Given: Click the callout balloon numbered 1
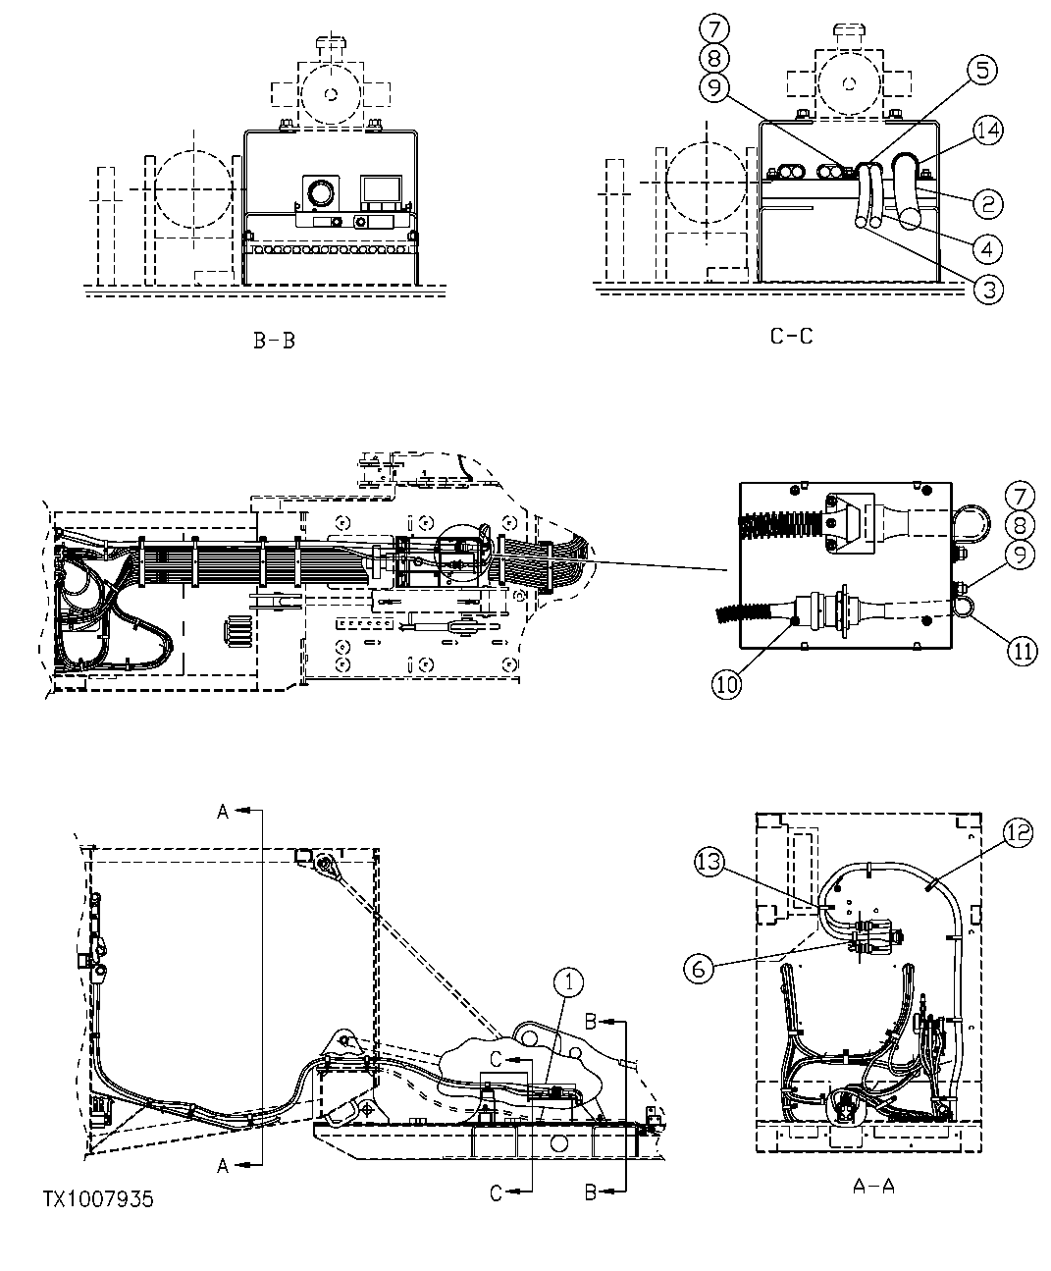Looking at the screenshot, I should point(568,980).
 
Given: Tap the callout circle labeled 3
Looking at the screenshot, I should point(989,288).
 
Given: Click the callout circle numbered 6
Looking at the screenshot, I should point(696,967).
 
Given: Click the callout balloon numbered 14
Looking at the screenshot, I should point(989,130).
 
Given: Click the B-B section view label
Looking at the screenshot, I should point(274,342).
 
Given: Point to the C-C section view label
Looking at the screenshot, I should point(791,336).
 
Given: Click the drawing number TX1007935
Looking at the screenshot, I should point(98,1199).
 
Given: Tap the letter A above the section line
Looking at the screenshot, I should point(223,811).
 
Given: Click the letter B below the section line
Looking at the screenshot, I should point(591,1192).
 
